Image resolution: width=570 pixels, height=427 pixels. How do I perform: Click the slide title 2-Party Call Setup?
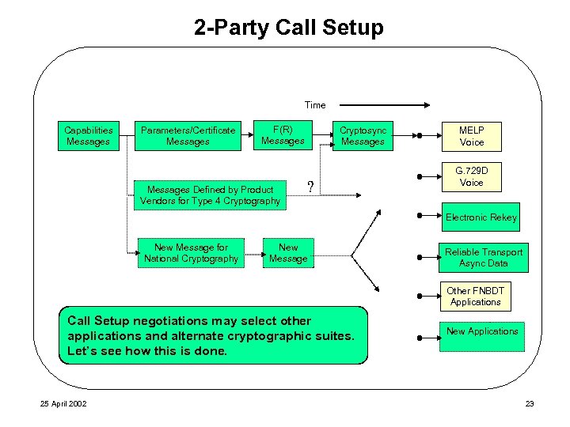click(x=288, y=28)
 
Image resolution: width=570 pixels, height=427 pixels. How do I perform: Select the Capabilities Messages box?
click(x=88, y=136)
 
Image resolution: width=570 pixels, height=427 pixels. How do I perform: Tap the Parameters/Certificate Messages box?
click(x=188, y=136)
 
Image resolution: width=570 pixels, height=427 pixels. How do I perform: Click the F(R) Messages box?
click(x=283, y=135)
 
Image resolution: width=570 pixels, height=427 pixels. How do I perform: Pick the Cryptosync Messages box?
click(x=363, y=136)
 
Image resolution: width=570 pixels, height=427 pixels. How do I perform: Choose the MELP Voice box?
click(x=472, y=136)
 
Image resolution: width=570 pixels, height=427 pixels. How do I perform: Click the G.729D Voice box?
click(x=472, y=176)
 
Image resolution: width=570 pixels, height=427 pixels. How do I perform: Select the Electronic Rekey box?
click(x=481, y=217)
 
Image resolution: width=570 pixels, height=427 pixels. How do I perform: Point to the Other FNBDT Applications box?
click(x=475, y=297)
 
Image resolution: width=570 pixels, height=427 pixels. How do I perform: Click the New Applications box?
click(x=482, y=331)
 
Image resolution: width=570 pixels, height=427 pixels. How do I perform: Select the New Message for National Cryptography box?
click(x=191, y=253)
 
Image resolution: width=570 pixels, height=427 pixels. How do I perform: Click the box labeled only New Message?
click(x=288, y=253)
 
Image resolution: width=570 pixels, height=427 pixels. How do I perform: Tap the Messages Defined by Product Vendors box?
click(x=210, y=195)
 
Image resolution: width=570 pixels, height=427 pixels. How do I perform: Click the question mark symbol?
click(x=310, y=187)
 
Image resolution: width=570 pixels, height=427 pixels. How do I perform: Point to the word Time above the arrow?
click(x=314, y=104)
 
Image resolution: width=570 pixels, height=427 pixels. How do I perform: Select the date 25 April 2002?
click(x=65, y=404)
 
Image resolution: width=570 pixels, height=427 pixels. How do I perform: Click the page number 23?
click(x=530, y=404)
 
